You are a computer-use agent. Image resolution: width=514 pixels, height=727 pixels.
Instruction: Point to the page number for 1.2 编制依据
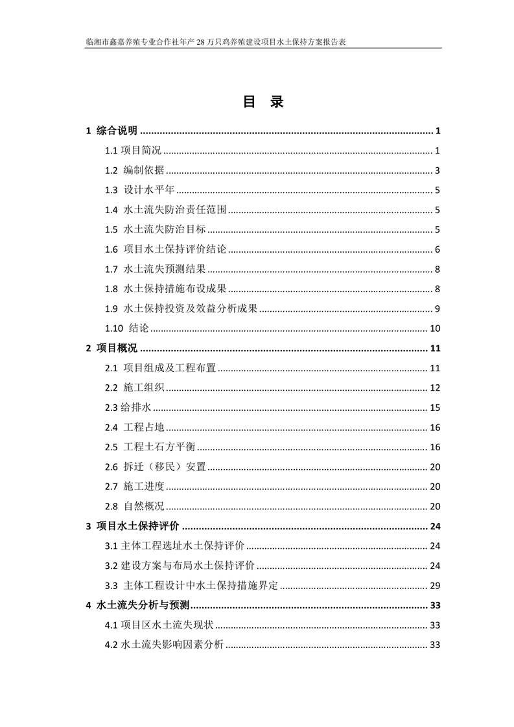(x=438, y=171)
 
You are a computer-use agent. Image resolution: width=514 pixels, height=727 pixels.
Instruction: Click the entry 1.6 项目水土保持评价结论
(x=165, y=249)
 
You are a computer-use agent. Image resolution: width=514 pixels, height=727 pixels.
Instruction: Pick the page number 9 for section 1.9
(x=438, y=308)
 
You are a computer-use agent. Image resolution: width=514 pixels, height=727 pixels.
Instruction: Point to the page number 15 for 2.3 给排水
(x=435, y=408)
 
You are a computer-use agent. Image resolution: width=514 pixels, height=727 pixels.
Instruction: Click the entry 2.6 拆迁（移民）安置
(x=155, y=467)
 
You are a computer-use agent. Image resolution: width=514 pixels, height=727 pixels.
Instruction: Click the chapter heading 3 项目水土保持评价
(x=132, y=526)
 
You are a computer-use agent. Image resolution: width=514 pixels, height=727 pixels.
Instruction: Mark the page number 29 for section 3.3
(x=435, y=586)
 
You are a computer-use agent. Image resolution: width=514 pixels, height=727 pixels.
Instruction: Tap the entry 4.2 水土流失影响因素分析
(x=165, y=645)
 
